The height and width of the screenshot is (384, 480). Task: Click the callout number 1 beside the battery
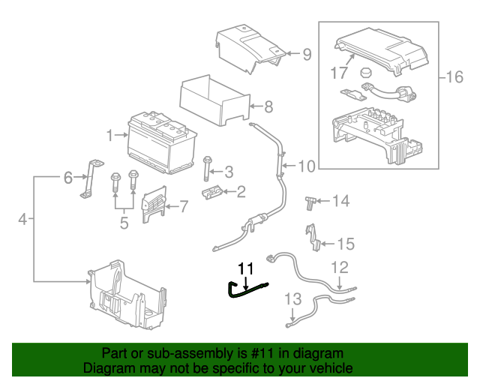click(110, 136)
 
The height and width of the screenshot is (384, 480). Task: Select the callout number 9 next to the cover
click(307, 53)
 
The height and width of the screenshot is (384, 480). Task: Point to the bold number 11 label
click(246, 268)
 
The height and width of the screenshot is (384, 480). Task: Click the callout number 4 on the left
click(22, 220)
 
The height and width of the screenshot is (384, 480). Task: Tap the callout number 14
click(341, 201)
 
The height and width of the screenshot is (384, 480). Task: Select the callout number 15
click(345, 244)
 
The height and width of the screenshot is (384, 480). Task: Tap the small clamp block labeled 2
click(213, 193)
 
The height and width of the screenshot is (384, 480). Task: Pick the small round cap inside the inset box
click(366, 73)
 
